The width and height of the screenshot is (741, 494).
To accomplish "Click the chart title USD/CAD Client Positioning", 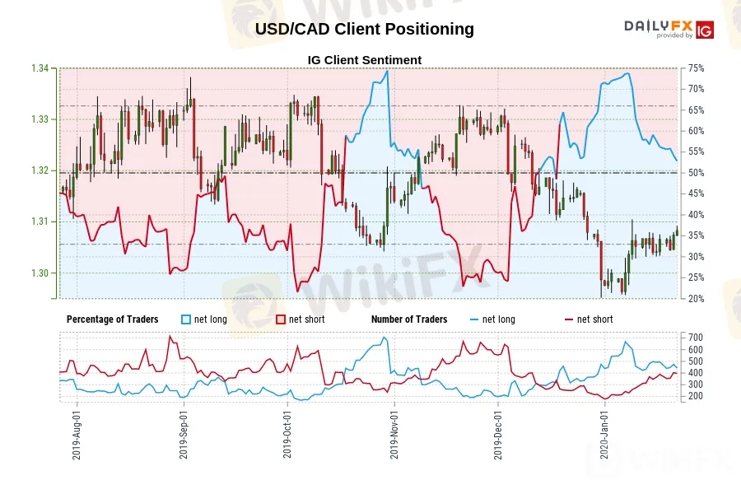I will coord(364,29).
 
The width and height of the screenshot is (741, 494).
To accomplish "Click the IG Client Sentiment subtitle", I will coord(364,60).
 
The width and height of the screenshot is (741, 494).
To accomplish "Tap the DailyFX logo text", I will coord(658,26).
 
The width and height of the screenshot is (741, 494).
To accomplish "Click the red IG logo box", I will coord(704,30).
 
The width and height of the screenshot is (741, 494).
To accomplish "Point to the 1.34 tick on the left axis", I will coord(39,68).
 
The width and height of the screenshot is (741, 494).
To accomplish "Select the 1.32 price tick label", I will coord(39,170).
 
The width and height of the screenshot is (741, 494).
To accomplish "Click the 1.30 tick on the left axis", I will coord(39,273).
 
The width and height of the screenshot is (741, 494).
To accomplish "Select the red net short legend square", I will coord(280,319).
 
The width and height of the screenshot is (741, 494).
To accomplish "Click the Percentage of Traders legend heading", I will coord(112,319).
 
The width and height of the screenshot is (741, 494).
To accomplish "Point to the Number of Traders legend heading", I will coord(409,319).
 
